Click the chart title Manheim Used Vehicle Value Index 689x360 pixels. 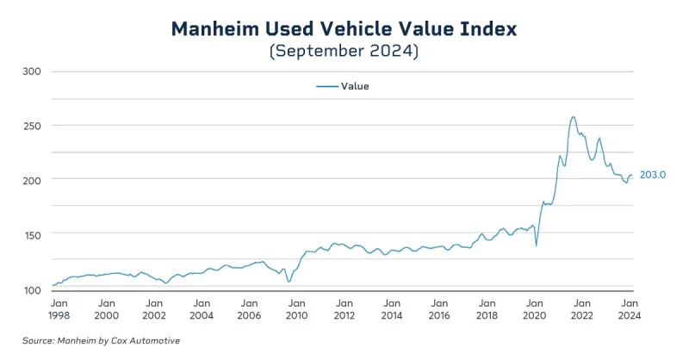point(344,28)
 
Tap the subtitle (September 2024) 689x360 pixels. point(344,52)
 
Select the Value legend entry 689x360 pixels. point(343,86)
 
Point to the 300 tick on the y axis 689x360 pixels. point(32,71)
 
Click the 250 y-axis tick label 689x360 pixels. point(32,126)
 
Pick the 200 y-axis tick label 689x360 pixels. point(32,179)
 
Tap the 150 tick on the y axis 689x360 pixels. point(32,234)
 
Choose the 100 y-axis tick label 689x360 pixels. point(32,289)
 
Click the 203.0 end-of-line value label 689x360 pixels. point(654,175)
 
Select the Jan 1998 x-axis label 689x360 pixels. point(59,309)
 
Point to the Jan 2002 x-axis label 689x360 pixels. point(154,309)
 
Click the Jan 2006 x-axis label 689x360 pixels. point(249,309)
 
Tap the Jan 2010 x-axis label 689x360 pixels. point(296,309)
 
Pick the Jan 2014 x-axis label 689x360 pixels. point(391,309)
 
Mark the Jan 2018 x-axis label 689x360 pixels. point(487,309)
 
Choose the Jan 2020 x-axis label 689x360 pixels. point(534,309)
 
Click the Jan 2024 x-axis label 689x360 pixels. point(629,309)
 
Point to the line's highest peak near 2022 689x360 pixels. point(574,117)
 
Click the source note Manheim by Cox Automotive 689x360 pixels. point(101,341)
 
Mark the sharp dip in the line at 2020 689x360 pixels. point(537,245)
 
